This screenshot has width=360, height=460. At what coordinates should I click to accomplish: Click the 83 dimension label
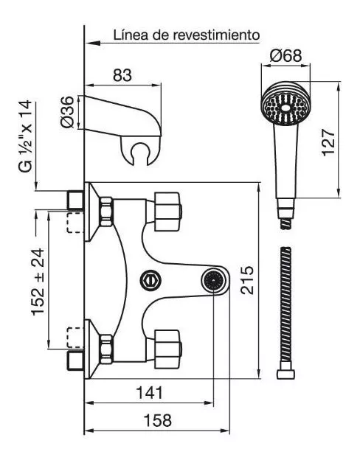122,75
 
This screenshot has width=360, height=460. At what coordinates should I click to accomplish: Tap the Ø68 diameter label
285,55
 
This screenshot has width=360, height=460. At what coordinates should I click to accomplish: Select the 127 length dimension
328,142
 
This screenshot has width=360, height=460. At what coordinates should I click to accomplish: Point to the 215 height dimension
247,280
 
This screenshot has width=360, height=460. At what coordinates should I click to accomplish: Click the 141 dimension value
150,392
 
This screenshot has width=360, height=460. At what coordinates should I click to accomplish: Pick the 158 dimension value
157,420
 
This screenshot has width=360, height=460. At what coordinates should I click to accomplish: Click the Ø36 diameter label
68,112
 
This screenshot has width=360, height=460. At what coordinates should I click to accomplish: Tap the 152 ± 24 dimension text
38,282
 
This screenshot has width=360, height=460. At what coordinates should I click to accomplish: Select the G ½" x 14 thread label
25,136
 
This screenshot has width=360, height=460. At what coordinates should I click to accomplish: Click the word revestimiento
216,35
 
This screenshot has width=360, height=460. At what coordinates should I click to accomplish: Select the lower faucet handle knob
167,349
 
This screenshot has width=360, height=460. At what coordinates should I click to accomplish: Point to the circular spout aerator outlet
213,280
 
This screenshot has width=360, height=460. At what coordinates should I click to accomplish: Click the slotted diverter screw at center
150,280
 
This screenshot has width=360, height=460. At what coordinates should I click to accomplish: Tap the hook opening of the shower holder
139,153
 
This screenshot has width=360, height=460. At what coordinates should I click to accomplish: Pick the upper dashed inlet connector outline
75,223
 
